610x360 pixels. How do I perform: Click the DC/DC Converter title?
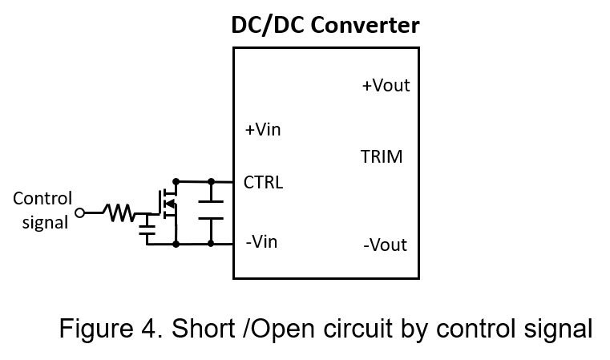[x=325, y=26]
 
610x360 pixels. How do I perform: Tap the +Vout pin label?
[x=386, y=85]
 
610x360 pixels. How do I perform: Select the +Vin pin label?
[x=263, y=130]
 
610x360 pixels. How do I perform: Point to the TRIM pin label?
[x=382, y=156]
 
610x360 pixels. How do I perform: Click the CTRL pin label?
[x=264, y=182]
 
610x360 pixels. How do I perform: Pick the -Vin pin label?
[x=261, y=241]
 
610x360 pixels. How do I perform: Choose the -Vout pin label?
[x=385, y=245]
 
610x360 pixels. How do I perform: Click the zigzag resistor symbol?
[x=119, y=213]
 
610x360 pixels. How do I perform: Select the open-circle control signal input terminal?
[x=79, y=213]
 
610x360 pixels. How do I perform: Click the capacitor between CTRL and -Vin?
[x=211, y=210]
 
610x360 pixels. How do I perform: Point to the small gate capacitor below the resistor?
[x=147, y=229]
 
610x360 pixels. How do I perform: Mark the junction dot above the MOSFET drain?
[x=176, y=181]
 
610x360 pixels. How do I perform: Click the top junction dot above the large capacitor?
[x=212, y=181]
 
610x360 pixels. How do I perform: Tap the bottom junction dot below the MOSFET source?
[x=176, y=244]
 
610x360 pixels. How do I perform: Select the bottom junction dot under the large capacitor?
[x=211, y=244]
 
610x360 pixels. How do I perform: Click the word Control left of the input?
[x=42, y=199]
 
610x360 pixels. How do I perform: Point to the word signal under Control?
[x=45, y=223]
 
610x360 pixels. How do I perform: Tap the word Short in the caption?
[x=204, y=328]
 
